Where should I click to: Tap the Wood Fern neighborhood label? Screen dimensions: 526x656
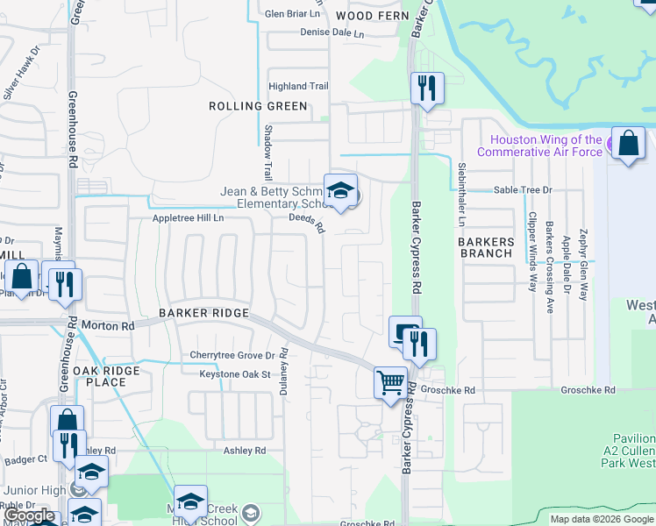coord(368,16)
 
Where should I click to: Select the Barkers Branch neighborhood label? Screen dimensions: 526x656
coord(486,247)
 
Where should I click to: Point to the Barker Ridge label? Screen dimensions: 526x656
coord(204,313)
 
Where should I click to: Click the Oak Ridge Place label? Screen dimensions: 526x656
coord(106,377)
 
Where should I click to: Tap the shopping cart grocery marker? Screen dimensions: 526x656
coord(390,383)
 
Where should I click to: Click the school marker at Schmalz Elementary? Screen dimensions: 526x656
coord(340,190)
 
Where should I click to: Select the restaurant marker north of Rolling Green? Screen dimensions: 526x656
coord(427,88)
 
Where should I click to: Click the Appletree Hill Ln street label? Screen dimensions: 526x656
coord(189,217)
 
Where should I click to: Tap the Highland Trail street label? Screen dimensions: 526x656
coord(299,86)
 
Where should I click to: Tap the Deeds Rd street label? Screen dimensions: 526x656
coord(309,224)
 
